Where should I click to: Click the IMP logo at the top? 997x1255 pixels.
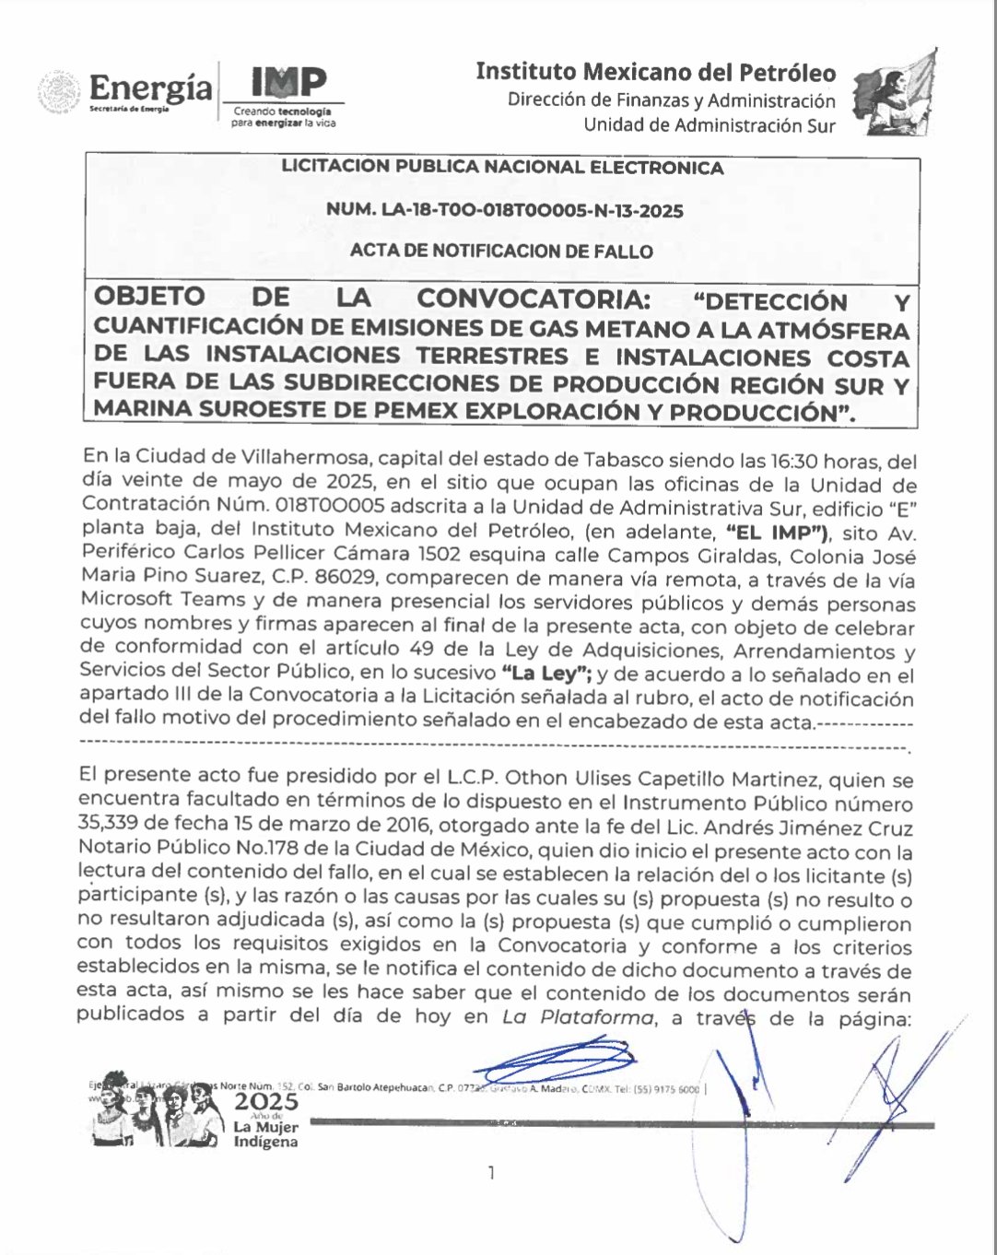click(287, 83)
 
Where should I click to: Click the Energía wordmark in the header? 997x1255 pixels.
click(151, 88)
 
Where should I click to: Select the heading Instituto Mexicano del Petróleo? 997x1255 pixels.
click(655, 73)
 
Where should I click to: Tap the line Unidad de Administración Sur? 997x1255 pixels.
click(709, 125)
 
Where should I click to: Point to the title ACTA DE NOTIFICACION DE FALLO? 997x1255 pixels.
click(501, 251)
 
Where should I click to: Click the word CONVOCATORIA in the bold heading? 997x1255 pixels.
click(533, 299)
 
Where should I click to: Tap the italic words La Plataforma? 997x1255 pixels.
click(578, 1017)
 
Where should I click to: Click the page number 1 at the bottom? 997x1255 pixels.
click(491, 1172)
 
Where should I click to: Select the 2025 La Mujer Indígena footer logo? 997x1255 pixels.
click(265, 1119)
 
